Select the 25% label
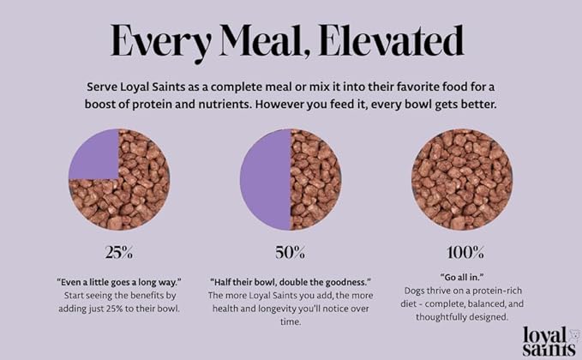click(118, 253)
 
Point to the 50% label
click(290, 253)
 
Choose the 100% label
click(462, 253)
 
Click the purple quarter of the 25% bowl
click(93, 154)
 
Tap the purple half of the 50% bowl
click(265, 180)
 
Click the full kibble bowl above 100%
click(462, 180)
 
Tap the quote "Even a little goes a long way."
click(118, 281)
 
